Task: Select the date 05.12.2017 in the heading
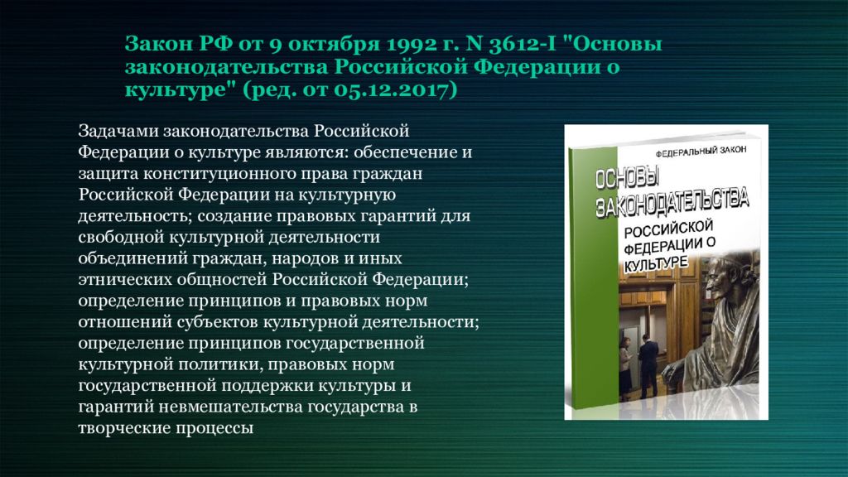click(x=394, y=89)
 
